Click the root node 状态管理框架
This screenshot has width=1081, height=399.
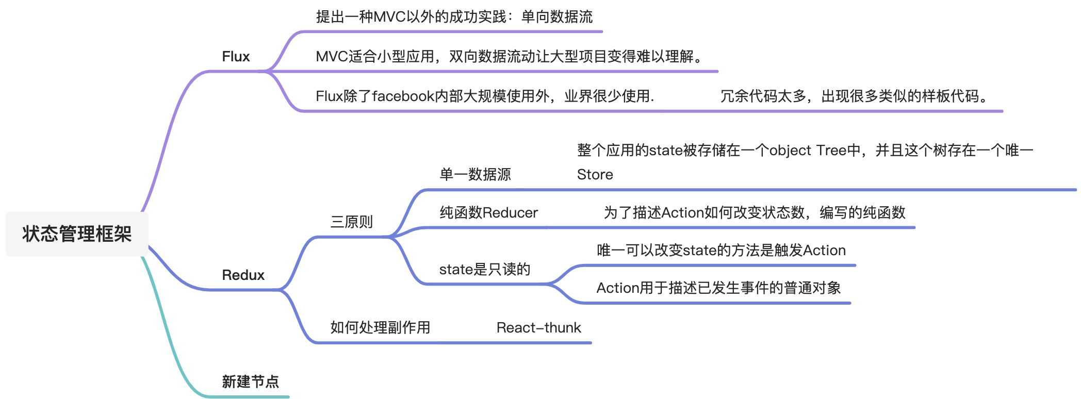[x=77, y=234]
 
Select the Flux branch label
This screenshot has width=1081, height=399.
[x=236, y=57]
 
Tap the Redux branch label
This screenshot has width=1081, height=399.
[x=243, y=275]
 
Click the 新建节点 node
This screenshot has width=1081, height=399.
[x=250, y=382]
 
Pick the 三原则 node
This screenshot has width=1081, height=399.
[x=351, y=222]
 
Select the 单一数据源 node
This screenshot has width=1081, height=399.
[x=475, y=175]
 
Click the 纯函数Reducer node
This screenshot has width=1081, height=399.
[x=488, y=213]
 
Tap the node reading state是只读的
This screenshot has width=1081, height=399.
[x=484, y=269]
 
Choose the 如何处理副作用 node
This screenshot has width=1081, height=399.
[x=380, y=328]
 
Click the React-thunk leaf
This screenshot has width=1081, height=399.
[x=538, y=328]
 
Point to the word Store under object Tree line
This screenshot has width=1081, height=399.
[x=595, y=175]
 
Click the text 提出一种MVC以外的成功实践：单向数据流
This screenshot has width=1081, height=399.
[x=454, y=17]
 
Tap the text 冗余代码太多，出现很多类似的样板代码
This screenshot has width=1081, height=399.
[x=854, y=96]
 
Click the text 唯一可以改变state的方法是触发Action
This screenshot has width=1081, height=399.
[x=721, y=251]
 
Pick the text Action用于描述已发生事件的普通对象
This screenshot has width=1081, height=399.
[x=718, y=288]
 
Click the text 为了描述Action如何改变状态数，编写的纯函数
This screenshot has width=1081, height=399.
[x=754, y=213]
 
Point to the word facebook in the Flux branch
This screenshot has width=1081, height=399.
[x=403, y=96]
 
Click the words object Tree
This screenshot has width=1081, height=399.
[x=808, y=151]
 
